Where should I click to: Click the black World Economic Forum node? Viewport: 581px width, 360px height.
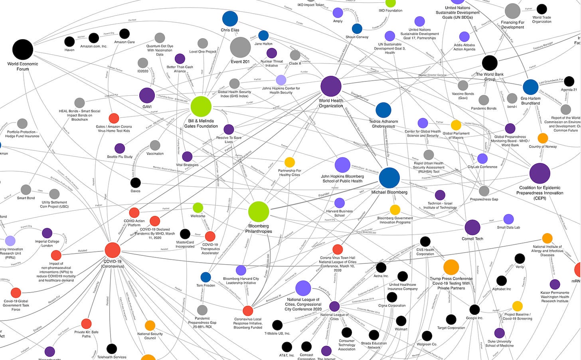click(23, 49)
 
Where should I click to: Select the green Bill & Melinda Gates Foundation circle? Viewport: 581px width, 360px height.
click(201, 106)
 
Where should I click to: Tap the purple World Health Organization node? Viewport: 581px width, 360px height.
click(331, 86)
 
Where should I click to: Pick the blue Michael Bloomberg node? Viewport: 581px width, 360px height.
click(389, 178)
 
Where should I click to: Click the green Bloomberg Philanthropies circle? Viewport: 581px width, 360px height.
click(259, 212)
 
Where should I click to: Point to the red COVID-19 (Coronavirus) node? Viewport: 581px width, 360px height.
click(113, 250)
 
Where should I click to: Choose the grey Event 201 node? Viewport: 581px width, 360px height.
click(240, 47)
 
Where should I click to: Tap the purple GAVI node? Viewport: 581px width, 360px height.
click(147, 95)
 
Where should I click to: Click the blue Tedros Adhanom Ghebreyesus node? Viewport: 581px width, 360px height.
click(383, 110)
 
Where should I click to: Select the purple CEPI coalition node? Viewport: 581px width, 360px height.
click(539, 173)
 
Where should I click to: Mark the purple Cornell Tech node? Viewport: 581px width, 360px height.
click(472, 227)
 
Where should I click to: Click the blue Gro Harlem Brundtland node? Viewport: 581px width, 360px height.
click(530, 87)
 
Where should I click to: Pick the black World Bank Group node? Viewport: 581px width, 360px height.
click(490, 63)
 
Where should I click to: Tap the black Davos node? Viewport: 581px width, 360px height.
click(135, 183)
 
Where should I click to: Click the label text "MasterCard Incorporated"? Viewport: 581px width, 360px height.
click(185, 244)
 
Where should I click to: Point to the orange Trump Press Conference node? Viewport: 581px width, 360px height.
click(451, 267)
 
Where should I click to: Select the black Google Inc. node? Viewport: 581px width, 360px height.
click(474, 309)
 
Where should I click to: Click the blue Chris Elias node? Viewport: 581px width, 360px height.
click(230, 19)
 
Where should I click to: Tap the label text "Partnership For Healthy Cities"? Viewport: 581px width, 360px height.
click(290, 173)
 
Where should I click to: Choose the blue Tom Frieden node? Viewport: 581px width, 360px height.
click(206, 277)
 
